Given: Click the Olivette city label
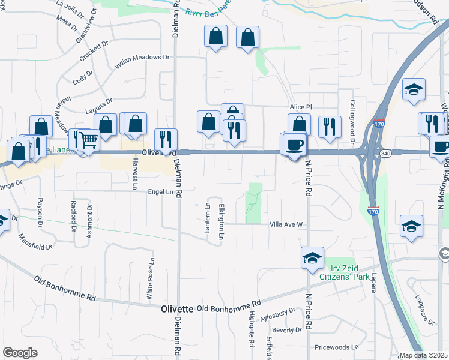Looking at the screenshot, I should (177, 309).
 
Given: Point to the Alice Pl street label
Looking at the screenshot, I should (301, 106).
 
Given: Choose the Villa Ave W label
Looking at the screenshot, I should (286, 224).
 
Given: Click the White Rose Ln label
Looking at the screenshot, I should (150, 283).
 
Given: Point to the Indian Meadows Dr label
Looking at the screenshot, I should (143, 61).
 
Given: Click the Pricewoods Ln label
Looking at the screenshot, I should (336, 347).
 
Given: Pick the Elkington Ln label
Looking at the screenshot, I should (221, 221).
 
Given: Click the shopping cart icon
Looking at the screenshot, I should (88, 140).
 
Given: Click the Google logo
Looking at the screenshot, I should (20, 353).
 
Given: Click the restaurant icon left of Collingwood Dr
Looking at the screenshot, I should (329, 126).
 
